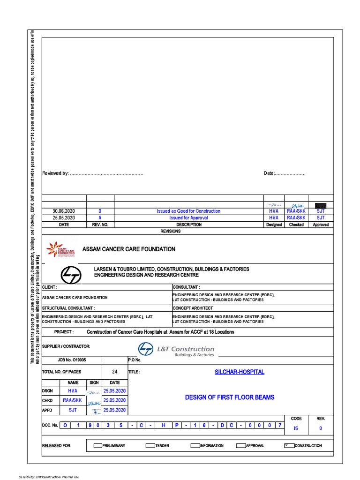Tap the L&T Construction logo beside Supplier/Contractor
pos(176,349)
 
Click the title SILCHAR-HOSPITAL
pos(239,372)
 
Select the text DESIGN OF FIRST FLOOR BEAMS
pos(230,397)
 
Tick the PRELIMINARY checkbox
pos(98,445)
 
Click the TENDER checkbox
pos(150,445)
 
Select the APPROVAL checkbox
pos(241,445)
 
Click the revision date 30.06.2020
pos(64,211)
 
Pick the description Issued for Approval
pos(188,218)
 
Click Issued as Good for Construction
pos(188,211)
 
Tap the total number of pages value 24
pos(115,372)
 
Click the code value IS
pos(296,428)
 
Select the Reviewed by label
pos(55,173)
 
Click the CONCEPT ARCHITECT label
pos(193,308)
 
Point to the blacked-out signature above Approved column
pos(321,205)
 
